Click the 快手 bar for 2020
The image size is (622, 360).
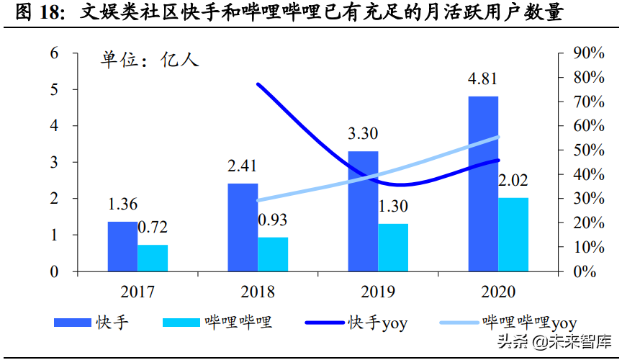pyautogui.click(x=483, y=184)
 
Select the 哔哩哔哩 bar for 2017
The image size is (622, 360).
pyautogui.click(x=153, y=258)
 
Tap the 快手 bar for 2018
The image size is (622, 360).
pyautogui.click(x=243, y=228)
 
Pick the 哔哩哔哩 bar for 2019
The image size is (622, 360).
pyautogui.click(x=393, y=248)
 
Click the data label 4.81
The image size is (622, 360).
pyautogui.click(x=483, y=79)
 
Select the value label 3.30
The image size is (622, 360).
pyautogui.click(x=363, y=134)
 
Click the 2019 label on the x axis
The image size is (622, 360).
pyautogui.click(x=378, y=292)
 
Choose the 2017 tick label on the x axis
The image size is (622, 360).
pyautogui.click(x=138, y=292)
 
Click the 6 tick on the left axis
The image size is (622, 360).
pyautogui.click(x=54, y=53)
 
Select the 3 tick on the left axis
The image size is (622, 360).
pyautogui.click(x=54, y=162)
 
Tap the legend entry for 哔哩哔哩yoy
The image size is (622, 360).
pyautogui.click(x=529, y=323)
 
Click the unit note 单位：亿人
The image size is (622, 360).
pyautogui.click(x=149, y=60)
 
